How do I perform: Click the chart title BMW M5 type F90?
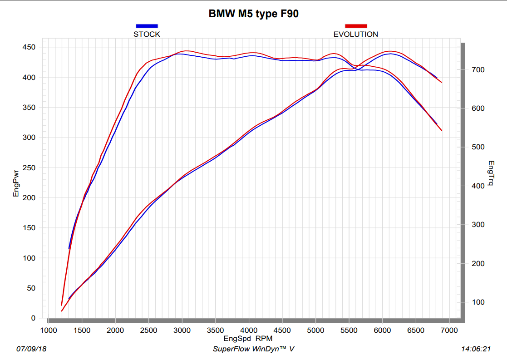[253, 14]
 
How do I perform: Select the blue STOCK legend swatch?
[147, 26]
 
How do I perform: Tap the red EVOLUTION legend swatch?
[355, 26]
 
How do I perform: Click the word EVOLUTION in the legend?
[355, 34]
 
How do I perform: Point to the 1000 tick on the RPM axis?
[48, 330]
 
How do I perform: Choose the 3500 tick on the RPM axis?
[215, 330]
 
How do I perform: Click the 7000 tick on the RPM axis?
[449, 330]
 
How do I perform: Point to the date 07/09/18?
[31, 349]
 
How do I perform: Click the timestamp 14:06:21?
[476, 349]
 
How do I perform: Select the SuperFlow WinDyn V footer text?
[253, 349]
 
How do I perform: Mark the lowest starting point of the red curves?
[62, 311]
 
